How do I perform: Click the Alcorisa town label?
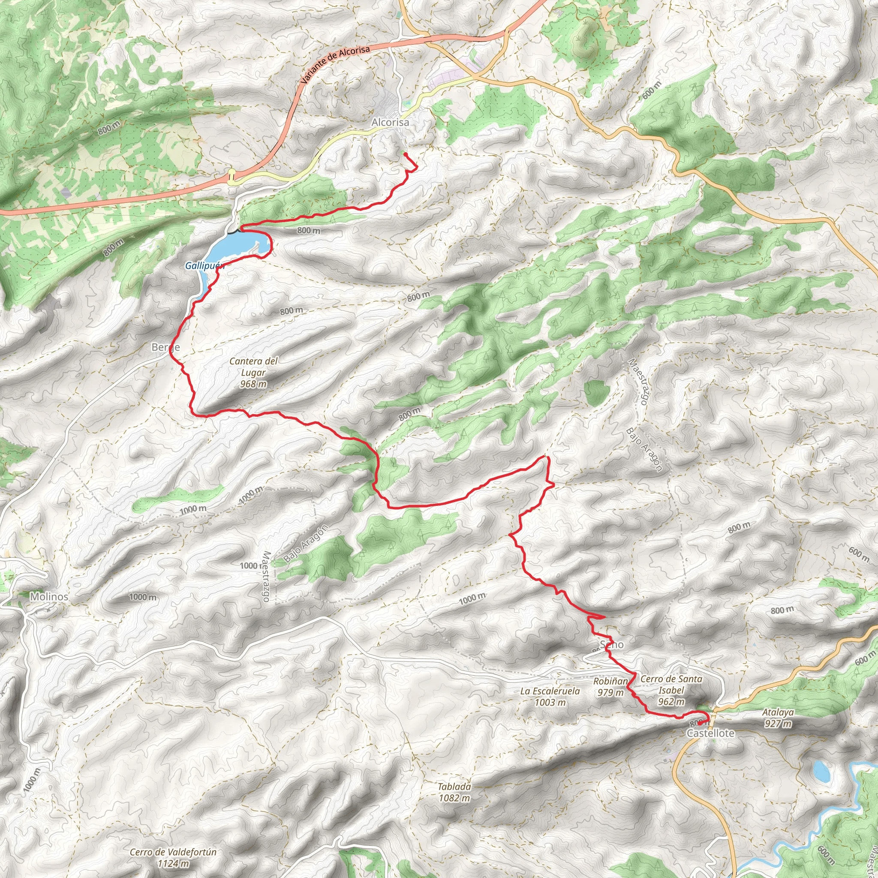[390, 122]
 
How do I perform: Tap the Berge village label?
[165, 347]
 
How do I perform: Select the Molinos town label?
[49, 596]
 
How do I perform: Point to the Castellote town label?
[710, 733]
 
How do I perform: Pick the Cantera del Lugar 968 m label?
[253, 372]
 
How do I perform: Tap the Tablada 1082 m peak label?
[454, 792]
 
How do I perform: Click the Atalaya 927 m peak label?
[778, 718]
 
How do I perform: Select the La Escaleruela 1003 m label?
[550, 696]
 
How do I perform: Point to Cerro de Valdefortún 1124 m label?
[173, 857]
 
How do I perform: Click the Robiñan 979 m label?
[610, 687]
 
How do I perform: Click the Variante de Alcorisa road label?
[335, 63]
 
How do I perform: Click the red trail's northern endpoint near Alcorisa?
[404, 154]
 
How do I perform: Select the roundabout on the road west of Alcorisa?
[232, 176]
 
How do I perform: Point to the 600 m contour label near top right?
[652, 91]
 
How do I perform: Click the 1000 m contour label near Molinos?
[143, 597]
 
